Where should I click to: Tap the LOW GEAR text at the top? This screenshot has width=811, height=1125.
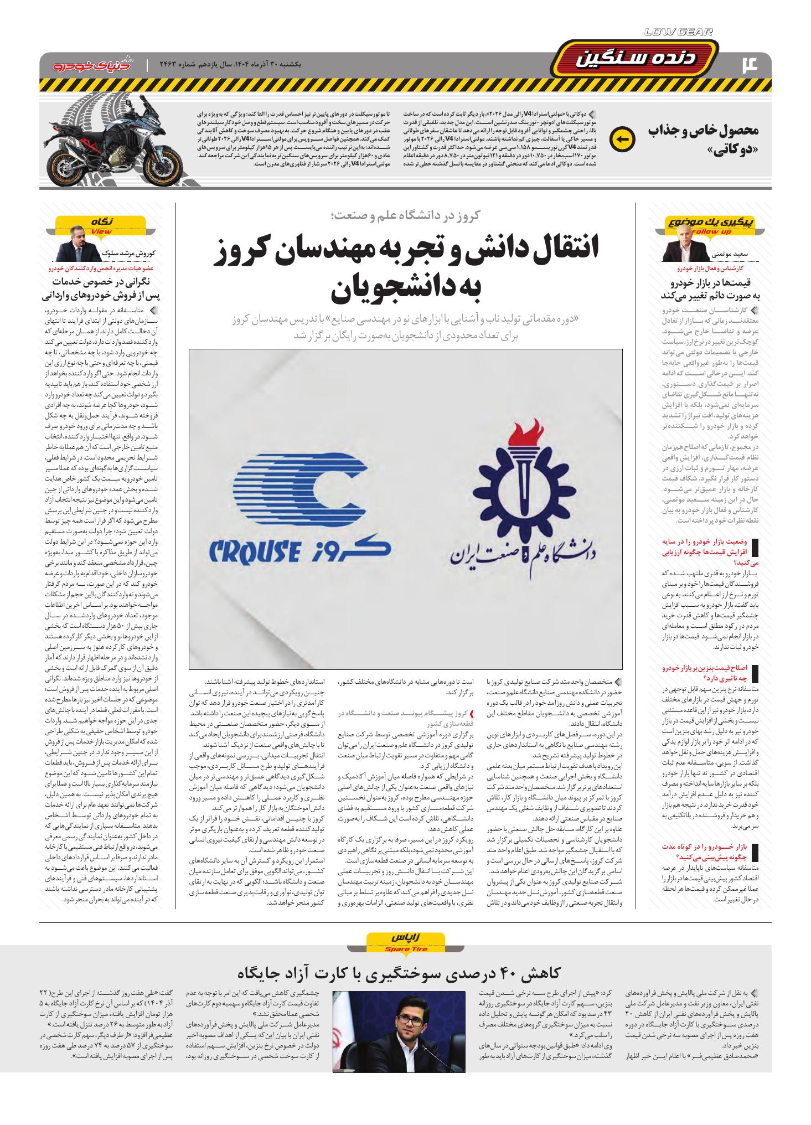click(x=679, y=33)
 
